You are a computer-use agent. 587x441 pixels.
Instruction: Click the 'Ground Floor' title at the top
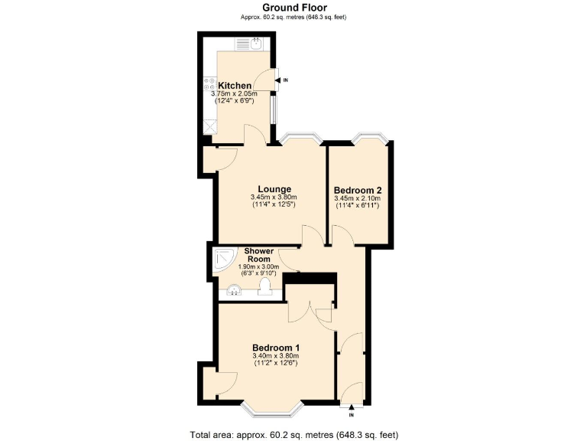tap(293, 8)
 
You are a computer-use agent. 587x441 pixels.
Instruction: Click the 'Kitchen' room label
tap(235, 85)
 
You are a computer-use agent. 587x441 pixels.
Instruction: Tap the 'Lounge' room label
tap(273, 189)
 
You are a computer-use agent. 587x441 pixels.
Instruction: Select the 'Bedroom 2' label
tap(358, 190)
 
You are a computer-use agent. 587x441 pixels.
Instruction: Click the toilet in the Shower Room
tap(265, 286)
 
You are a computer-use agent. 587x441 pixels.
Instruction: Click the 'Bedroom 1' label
tap(275, 348)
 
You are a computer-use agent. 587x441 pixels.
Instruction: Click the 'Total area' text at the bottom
tap(293, 434)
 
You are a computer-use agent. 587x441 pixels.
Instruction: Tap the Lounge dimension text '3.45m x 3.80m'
tap(273, 198)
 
